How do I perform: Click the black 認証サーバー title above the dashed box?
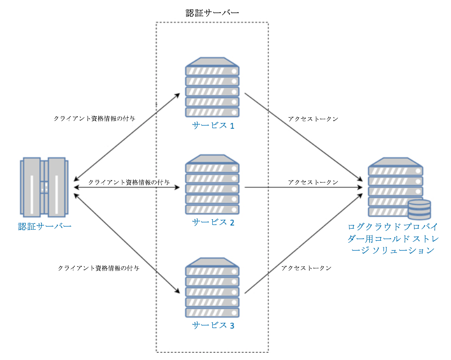[x=212, y=13]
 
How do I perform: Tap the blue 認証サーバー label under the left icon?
[x=44, y=227]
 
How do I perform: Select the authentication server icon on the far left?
[x=44, y=187]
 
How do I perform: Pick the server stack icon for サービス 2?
[x=212, y=184]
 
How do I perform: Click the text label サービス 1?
[x=213, y=126]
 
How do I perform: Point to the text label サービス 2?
[x=213, y=222]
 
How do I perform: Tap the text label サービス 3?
[x=213, y=325]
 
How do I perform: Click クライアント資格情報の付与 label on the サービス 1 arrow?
[x=95, y=119]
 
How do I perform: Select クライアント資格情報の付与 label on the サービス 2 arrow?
[x=129, y=182]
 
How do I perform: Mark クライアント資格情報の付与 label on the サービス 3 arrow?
[x=98, y=268]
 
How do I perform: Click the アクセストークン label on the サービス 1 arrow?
[x=313, y=119]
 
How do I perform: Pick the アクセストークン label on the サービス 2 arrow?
[x=313, y=182]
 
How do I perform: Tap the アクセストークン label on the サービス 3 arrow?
[x=306, y=268]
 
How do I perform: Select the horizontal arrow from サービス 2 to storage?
[x=304, y=187]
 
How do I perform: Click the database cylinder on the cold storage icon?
[x=419, y=209]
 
